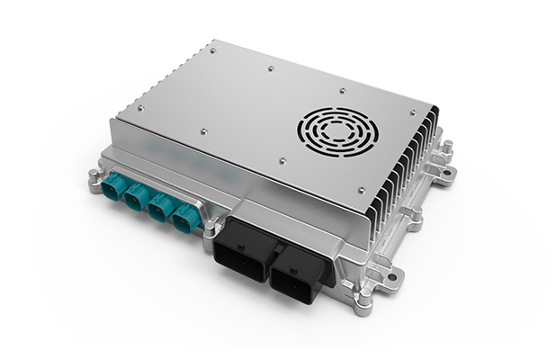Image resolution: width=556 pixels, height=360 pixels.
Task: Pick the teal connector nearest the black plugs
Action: click(x=184, y=219)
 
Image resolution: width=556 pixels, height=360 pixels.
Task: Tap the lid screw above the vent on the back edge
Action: click(x=341, y=89)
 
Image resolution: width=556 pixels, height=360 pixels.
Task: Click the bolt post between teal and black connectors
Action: click(x=208, y=222)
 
